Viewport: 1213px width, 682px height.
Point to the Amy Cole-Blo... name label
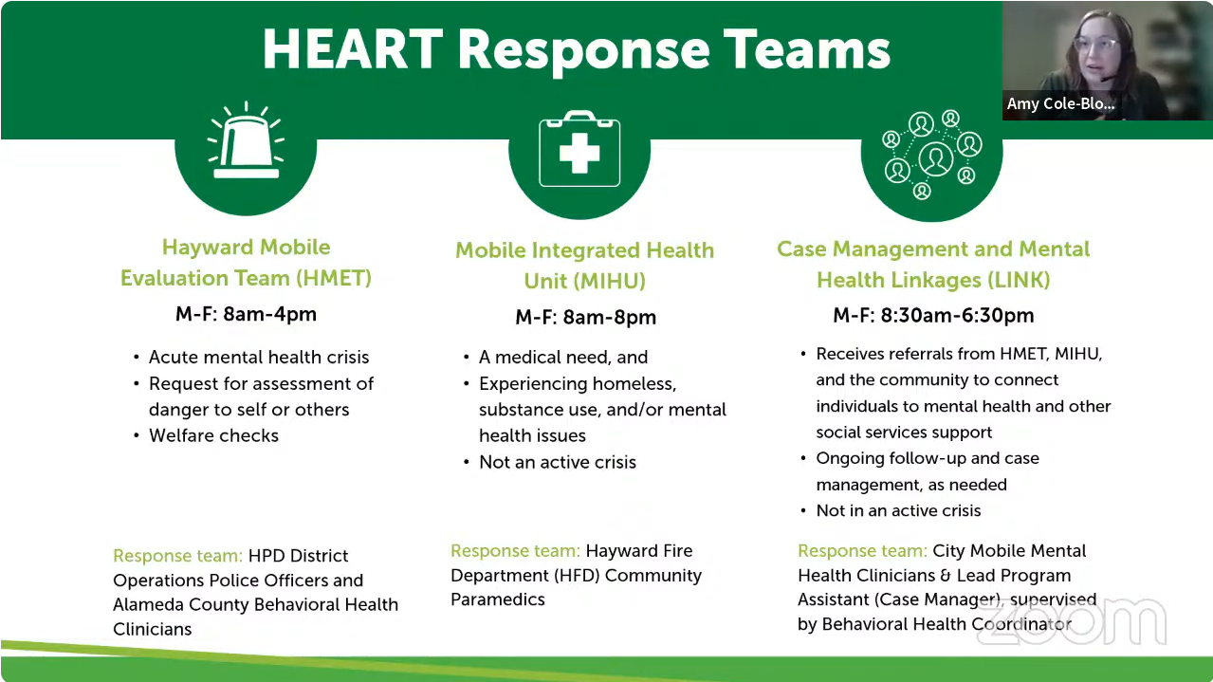click(x=1060, y=103)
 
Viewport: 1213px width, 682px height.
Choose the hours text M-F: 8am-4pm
click(x=246, y=314)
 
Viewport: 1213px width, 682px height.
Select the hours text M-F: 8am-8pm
click(x=585, y=317)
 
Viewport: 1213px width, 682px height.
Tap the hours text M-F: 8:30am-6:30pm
click(x=933, y=315)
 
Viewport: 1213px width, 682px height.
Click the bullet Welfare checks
click(x=213, y=435)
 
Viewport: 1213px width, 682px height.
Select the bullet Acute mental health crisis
click(x=258, y=357)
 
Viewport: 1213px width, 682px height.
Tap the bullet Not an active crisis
click(x=557, y=462)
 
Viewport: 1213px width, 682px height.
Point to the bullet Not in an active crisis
click(x=898, y=510)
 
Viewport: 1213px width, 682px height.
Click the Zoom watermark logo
click(x=1072, y=621)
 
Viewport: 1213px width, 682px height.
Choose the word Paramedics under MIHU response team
click(x=498, y=599)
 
